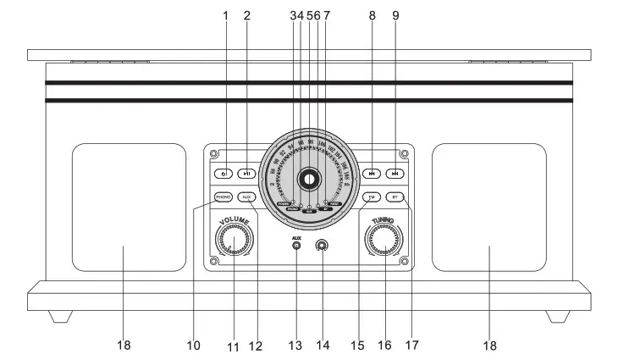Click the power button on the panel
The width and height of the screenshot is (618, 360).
223,174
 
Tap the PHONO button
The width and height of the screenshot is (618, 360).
223,197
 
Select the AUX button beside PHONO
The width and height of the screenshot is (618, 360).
246,197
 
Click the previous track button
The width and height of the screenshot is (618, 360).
371,174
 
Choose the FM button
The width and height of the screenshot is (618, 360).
371,197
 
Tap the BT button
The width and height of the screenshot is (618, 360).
395,197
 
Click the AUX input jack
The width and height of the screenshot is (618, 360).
297,247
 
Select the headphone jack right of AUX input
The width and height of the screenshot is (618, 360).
321,246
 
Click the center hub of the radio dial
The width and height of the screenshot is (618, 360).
309,179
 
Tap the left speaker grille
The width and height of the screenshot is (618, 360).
129,207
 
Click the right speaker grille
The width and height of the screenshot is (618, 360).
488,207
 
